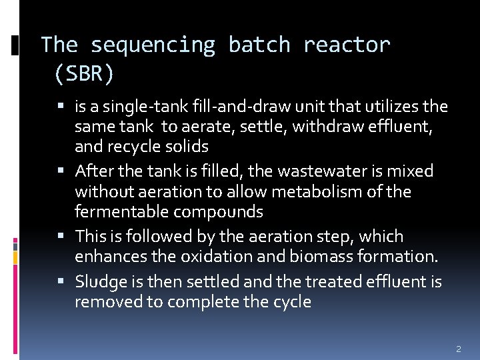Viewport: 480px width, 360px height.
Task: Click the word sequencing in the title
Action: tap(153, 45)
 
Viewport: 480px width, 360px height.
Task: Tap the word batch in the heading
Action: tap(259, 45)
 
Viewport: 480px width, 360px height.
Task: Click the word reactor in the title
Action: tap(347, 45)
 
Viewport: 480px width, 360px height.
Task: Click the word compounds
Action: tap(219, 212)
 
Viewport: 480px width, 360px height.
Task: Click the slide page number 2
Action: tap(458, 349)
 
